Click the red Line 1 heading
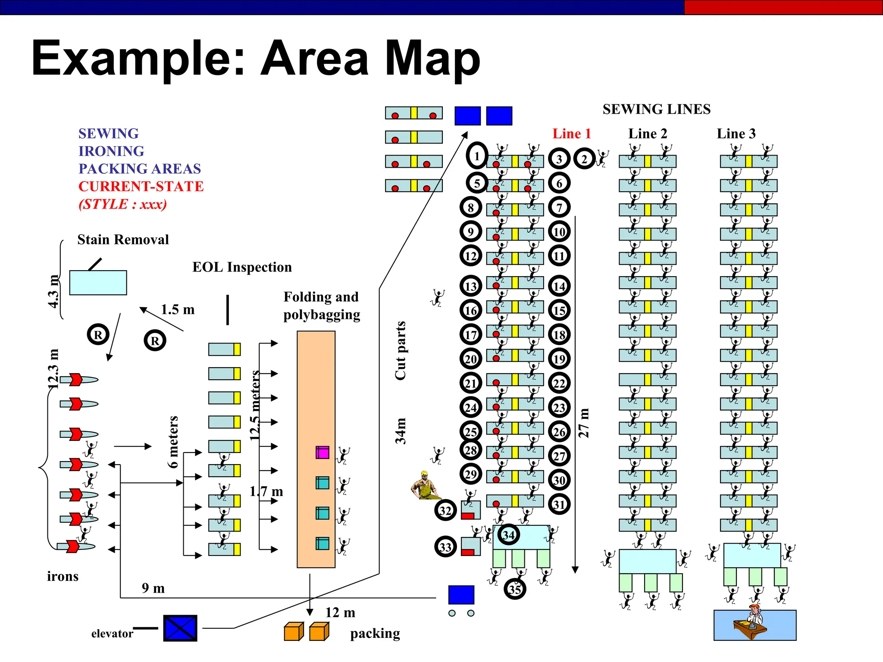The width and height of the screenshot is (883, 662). (571, 134)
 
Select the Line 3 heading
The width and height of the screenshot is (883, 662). (736, 134)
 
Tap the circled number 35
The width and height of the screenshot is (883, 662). (515, 589)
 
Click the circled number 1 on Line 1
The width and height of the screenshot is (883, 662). (477, 156)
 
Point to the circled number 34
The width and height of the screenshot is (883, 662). (508, 535)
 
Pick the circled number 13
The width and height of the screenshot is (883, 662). (470, 286)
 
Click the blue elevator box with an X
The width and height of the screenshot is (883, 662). (180, 628)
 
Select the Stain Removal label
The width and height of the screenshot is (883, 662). (123, 240)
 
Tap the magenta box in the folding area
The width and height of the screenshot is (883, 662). (322, 452)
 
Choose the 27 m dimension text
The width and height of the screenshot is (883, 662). (583, 423)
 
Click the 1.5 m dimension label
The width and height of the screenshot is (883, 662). (178, 309)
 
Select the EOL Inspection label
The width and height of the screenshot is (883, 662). (242, 267)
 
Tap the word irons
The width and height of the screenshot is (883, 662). (63, 576)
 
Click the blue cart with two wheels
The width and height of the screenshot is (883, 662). (461, 597)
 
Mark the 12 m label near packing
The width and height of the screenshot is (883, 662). (340, 612)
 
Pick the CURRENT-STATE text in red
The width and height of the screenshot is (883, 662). (141, 186)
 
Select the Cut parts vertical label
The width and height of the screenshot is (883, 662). (400, 350)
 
